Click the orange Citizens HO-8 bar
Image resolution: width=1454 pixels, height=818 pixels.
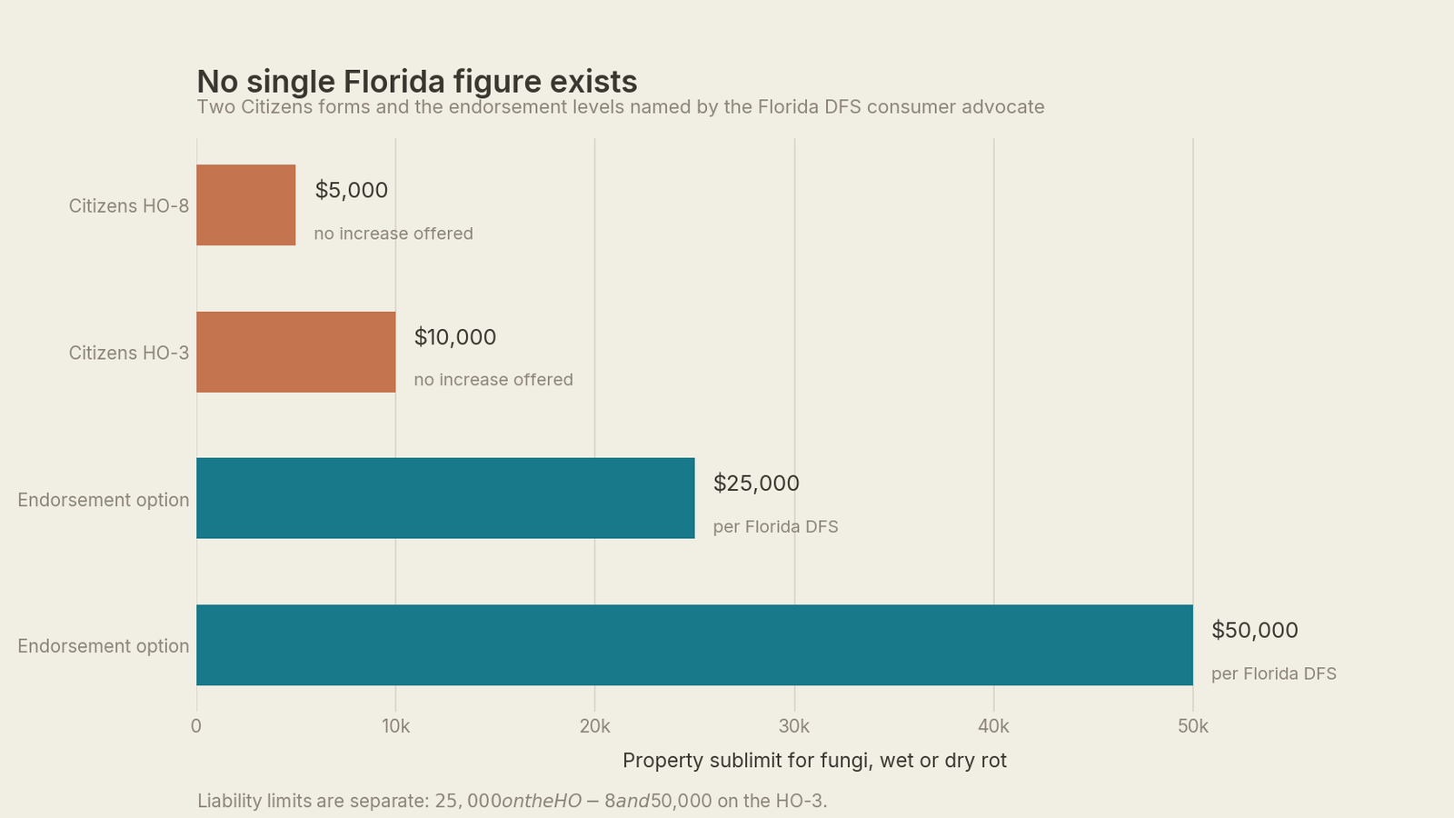(246, 205)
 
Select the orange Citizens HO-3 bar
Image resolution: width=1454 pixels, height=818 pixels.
(296, 352)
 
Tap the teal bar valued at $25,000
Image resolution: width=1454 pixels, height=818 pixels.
(445, 498)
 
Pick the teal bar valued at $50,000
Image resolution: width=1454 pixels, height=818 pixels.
(694, 644)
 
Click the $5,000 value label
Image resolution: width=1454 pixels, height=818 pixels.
(351, 190)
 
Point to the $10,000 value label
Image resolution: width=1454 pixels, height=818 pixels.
(455, 337)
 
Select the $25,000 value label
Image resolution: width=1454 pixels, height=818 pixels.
(756, 483)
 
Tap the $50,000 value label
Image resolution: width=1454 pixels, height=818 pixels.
(1255, 630)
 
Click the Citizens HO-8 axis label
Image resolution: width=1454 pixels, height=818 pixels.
(128, 205)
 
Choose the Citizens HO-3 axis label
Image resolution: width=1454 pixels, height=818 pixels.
(128, 353)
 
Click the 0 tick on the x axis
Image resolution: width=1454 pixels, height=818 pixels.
(196, 726)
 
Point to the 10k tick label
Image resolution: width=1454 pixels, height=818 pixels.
(396, 726)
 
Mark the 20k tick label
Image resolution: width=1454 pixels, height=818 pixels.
(594, 726)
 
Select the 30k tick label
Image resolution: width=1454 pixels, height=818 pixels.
(794, 726)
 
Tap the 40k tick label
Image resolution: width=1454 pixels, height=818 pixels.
(993, 726)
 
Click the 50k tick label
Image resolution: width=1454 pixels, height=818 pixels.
(1193, 726)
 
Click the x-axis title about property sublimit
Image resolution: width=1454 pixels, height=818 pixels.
(814, 760)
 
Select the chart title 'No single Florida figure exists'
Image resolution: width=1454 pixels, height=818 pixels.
(417, 82)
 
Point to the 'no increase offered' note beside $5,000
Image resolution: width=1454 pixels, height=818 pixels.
(393, 233)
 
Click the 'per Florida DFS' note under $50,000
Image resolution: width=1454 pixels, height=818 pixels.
(1273, 673)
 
